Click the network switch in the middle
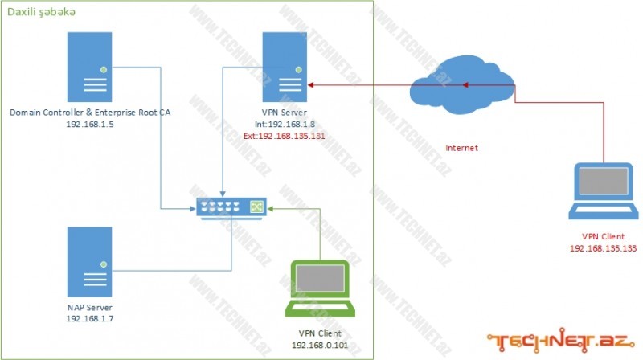(231, 207)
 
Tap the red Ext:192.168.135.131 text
(284, 137)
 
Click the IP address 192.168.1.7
(89, 319)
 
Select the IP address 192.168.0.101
(320, 345)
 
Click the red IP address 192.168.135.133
(602, 249)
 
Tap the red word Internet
(461, 149)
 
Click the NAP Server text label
(89, 307)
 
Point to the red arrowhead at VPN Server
(309, 84)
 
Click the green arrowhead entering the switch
(269, 207)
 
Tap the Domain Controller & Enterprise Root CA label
(90, 113)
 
